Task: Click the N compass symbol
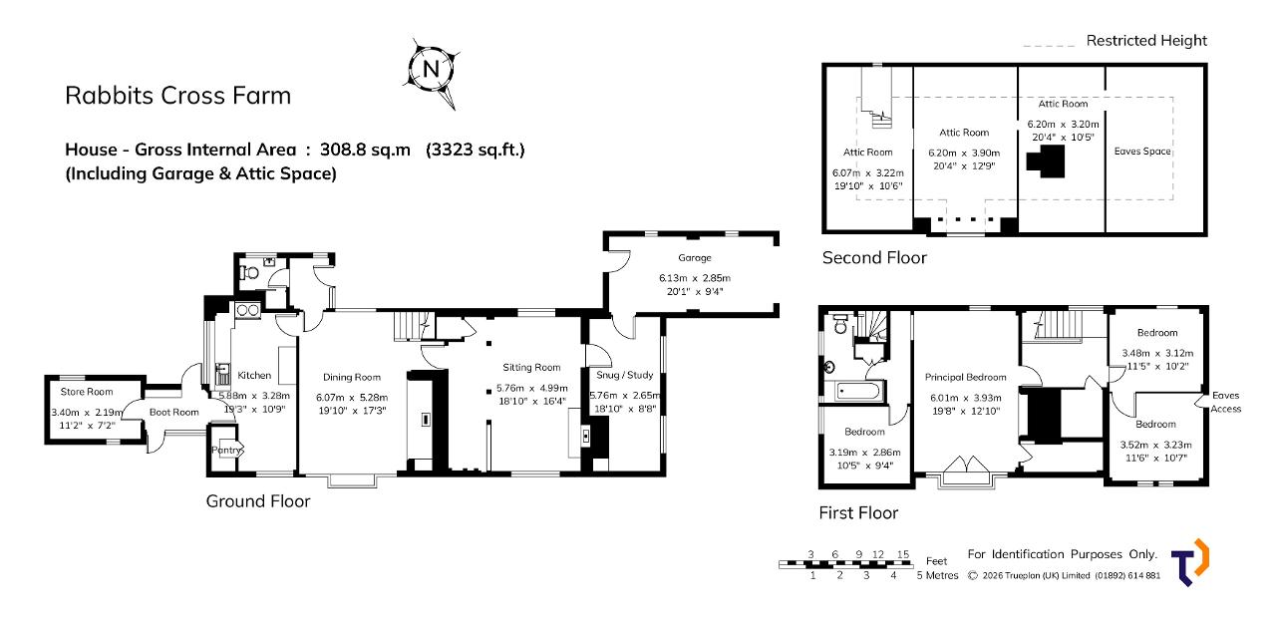click(x=432, y=71)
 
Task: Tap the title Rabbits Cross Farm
click(x=177, y=95)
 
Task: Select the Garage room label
click(x=695, y=257)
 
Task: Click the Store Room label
click(x=87, y=392)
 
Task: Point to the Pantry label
click(x=226, y=450)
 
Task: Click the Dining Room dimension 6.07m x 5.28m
click(x=352, y=397)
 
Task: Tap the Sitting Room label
click(x=531, y=368)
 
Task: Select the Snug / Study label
click(x=624, y=375)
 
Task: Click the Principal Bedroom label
click(x=966, y=377)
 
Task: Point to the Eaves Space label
click(x=1142, y=151)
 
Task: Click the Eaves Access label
click(x=1225, y=402)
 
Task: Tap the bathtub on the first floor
click(x=859, y=392)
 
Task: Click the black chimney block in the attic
click(x=1046, y=161)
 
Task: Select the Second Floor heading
click(x=874, y=257)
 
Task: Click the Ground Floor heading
click(x=258, y=500)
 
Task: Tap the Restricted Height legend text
click(x=1146, y=41)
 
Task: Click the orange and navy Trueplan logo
click(x=1190, y=562)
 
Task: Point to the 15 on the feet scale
click(x=903, y=554)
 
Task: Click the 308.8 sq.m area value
click(x=365, y=150)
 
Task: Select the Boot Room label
click(x=173, y=412)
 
